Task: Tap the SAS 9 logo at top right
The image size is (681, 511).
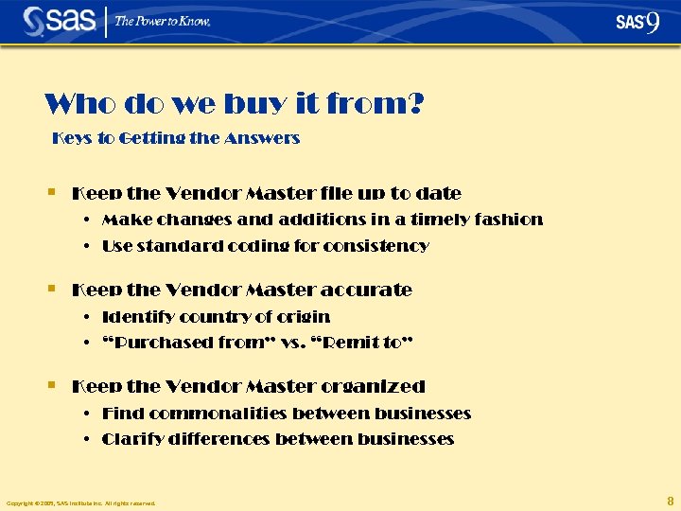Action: [637, 22]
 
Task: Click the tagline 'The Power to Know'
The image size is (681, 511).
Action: [163, 21]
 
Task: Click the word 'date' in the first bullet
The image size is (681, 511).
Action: [440, 193]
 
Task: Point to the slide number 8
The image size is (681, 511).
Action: [670, 501]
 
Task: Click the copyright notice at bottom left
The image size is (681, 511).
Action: [80, 503]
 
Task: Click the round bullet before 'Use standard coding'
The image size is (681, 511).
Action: [86, 246]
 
